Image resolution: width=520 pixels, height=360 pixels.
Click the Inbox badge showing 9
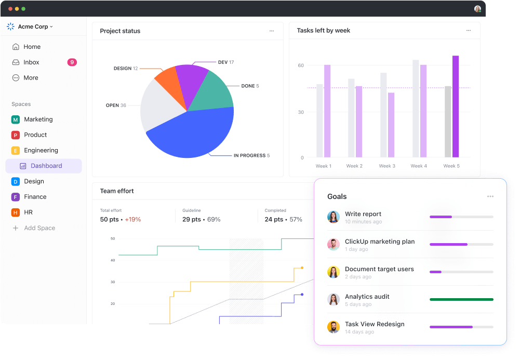72,62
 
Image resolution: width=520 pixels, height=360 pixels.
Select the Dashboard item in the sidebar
46,166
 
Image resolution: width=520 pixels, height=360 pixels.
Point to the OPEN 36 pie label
116,105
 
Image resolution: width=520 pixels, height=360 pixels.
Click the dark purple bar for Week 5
456,106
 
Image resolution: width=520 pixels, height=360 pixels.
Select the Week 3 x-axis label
387,166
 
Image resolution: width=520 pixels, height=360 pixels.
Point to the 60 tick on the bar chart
301,65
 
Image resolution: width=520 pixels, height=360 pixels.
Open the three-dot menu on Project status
271,31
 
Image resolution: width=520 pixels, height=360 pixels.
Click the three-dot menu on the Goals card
490,196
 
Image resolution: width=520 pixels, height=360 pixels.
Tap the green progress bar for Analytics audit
461,299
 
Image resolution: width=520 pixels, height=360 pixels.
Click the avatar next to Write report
334,217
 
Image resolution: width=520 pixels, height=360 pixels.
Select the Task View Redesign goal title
375,324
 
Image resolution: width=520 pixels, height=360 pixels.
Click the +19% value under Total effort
132,219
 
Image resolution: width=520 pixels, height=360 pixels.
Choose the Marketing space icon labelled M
15,119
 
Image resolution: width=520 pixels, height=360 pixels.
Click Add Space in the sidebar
39,228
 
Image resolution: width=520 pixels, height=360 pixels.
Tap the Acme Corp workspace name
33,26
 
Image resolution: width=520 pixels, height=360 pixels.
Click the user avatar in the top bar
477,9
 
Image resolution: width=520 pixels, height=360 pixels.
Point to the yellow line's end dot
302,268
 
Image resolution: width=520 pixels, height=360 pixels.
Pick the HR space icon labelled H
15,212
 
